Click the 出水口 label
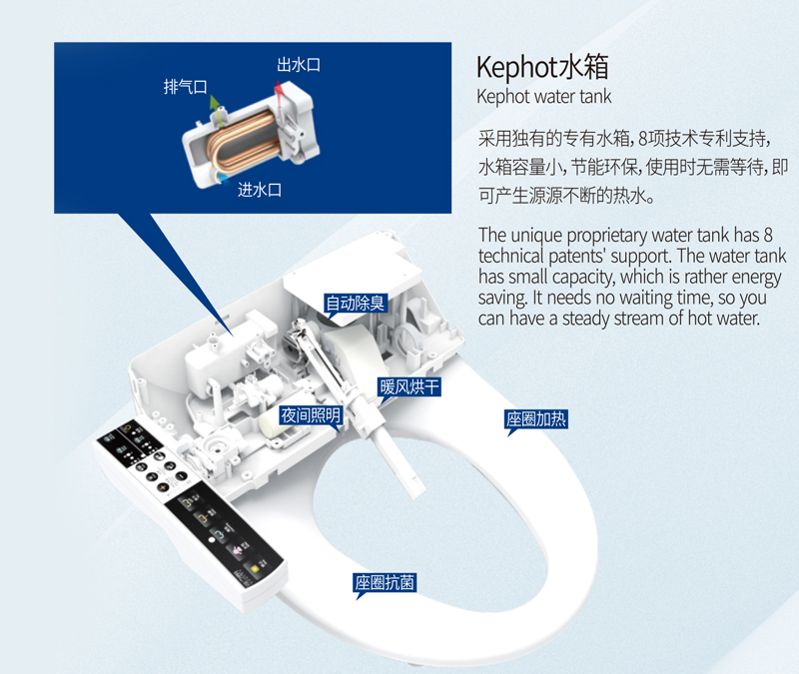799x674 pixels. pyautogui.click(x=299, y=65)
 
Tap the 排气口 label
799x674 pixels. pyautogui.click(x=186, y=87)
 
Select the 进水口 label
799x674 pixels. pyautogui.click(x=260, y=190)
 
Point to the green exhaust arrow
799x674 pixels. pyautogui.click(x=216, y=110)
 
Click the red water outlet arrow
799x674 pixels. pyautogui.click(x=280, y=96)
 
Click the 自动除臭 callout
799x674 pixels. pyautogui.click(x=356, y=304)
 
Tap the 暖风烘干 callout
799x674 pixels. pyautogui.click(x=408, y=387)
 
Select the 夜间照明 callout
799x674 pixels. pyautogui.click(x=311, y=415)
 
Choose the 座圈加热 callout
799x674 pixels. pyautogui.click(x=536, y=419)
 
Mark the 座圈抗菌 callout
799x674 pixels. pyautogui.click(x=385, y=582)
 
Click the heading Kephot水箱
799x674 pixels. pyautogui.click(x=542, y=67)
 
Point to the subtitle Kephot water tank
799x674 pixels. pyautogui.click(x=543, y=96)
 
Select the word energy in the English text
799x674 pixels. pyautogui.click(x=757, y=278)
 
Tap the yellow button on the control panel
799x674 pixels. pyautogui.click(x=252, y=568)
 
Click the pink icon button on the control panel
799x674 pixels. pyautogui.click(x=237, y=551)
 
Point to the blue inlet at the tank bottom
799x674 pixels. pyautogui.click(x=222, y=177)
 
